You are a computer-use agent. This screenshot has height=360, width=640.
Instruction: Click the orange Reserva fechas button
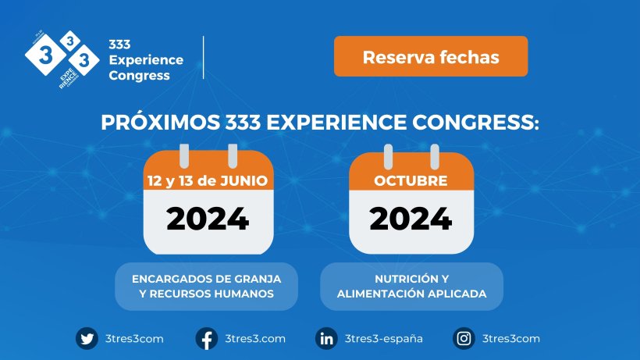431,56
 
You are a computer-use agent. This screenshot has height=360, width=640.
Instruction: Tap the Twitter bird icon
87,338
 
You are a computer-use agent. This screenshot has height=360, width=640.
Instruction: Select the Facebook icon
207,338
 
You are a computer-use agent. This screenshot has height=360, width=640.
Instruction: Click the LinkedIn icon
326,338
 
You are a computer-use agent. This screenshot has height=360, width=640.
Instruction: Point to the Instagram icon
464,338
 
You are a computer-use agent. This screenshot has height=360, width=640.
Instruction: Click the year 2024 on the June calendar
208,219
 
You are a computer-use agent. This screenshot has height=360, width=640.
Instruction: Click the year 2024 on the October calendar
411,219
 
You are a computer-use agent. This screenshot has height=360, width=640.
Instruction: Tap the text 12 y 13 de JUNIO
208,181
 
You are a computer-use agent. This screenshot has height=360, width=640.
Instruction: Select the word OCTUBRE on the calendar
411,181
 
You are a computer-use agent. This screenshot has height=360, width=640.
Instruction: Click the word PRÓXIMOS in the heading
160,123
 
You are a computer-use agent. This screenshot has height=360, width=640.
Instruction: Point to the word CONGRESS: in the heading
475,123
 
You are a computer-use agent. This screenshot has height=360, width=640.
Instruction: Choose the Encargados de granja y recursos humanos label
207,286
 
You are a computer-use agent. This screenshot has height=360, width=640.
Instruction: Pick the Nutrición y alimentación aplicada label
411,286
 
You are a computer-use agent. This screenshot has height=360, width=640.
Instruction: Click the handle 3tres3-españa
384,339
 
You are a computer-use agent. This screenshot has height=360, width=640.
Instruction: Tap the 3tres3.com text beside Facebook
255,339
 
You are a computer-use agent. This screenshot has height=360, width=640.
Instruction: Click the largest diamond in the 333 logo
45,55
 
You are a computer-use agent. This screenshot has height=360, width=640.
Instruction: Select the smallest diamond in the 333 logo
70,41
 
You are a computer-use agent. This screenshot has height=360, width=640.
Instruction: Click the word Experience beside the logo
146,60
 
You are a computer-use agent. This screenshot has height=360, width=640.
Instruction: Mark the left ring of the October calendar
388,156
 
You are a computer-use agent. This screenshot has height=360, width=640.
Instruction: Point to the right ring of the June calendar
233,156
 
